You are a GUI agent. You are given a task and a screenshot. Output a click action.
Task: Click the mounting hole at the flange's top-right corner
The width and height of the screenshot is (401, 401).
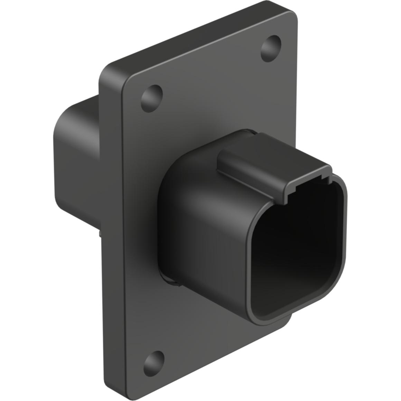pos(270,48)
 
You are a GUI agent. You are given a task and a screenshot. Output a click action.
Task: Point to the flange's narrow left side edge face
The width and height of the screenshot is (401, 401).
pos(111,225)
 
